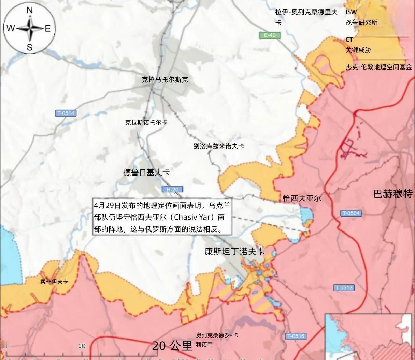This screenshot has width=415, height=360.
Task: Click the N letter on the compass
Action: [30, 11]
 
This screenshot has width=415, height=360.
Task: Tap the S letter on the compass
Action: [30, 47]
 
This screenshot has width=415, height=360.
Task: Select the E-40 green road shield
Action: [269, 35]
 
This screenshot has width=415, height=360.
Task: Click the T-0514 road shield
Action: [66, 113]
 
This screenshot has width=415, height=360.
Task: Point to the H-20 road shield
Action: [172, 190]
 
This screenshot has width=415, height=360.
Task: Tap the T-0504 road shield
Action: [351, 213]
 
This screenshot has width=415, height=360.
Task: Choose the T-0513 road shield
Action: [344, 288]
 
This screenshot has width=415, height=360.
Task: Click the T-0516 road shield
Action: [295, 336]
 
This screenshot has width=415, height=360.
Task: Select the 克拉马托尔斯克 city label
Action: [165, 80]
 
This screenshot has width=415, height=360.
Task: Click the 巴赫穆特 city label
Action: [393, 194]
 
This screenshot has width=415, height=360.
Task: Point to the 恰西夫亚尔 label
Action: [302, 198]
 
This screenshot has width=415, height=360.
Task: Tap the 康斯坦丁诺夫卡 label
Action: [235, 252]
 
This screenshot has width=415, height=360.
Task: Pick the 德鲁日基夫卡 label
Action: [146, 172]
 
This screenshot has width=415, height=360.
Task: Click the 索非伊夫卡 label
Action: [54, 282]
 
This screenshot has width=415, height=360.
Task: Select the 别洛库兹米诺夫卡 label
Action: [219, 146]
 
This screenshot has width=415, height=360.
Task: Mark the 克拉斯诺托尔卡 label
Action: [146, 123]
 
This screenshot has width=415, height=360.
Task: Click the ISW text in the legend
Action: [351, 12]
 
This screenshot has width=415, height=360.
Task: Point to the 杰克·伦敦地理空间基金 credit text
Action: [379, 67]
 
